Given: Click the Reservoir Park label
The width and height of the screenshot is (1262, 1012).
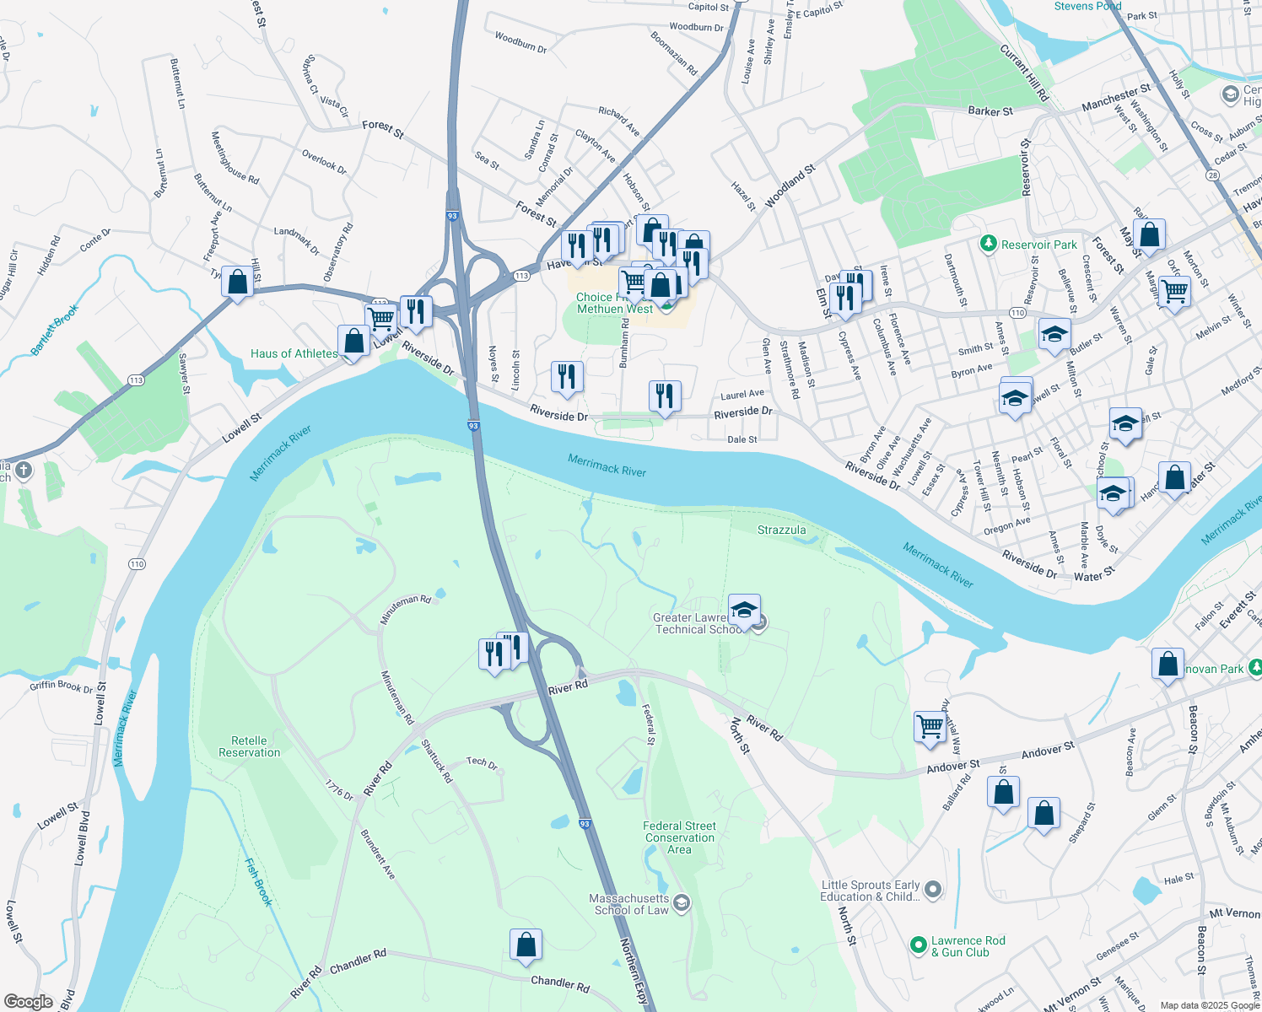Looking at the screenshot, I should (1038, 245).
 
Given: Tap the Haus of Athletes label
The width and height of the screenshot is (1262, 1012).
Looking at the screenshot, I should (294, 353).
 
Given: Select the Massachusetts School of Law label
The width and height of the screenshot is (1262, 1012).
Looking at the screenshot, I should (629, 904).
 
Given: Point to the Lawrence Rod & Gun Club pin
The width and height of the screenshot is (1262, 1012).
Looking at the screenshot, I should (919, 946).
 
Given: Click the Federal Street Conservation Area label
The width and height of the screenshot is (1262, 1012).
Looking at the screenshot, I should (679, 837).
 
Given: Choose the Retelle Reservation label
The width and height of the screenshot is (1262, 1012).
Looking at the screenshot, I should (249, 746).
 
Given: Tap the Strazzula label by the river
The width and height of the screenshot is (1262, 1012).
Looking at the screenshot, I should (781, 530).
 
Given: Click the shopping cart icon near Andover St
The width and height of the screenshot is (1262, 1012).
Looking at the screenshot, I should (930, 726).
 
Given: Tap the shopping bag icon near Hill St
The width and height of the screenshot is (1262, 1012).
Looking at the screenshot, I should (238, 281).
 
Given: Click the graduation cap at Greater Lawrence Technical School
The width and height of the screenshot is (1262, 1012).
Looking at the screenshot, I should (744, 609).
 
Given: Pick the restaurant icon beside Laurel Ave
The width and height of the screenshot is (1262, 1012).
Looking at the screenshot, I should (665, 395).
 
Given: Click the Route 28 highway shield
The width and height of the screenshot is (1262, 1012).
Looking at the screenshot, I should (1212, 175).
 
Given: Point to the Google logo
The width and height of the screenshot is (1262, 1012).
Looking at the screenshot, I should (28, 1001).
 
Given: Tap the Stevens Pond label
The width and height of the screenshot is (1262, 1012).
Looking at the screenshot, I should (1087, 6).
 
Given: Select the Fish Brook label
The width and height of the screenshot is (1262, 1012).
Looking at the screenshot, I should (259, 881).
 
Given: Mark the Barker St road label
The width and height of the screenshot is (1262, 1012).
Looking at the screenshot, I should (990, 111).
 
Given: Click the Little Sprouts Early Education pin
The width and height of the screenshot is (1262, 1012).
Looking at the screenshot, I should (932, 890).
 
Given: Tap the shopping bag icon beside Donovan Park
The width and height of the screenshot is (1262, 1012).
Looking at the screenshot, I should (1168, 664).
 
